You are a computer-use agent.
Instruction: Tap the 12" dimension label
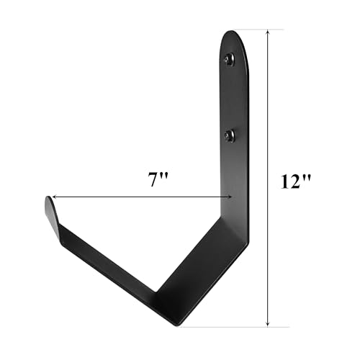[x=296, y=181]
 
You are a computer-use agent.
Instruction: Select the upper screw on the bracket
[x=230, y=60]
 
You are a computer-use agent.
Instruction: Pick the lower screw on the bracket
[x=230, y=135]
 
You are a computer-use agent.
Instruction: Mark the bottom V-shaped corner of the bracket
[x=170, y=302]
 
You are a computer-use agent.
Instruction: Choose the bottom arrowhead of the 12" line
[x=269, y=323]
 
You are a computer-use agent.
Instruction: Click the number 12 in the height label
[x=290, y=181]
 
